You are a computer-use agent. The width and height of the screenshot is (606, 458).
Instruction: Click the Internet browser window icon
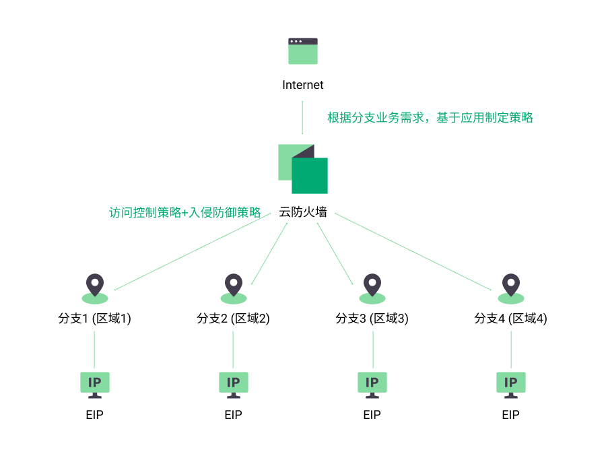(303, 51)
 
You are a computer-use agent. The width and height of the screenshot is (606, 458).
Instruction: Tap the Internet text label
(303, 85)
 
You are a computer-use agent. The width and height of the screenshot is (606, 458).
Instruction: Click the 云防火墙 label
(303, 212)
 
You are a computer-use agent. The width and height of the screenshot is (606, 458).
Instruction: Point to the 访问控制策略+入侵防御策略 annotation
(185, 212)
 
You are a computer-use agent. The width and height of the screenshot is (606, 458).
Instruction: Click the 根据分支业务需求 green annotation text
(430, 117)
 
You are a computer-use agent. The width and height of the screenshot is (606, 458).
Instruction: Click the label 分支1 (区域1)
(95, 319)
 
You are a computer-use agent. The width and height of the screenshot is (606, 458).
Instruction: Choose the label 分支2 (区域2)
(234, 319)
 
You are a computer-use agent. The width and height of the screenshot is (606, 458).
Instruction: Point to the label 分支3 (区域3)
(372, 319)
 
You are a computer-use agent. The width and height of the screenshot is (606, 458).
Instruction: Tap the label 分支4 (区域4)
(511, 319)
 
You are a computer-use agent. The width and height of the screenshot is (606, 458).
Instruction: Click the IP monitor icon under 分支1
(95, 383)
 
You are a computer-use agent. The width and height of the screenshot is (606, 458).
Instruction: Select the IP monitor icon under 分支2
(234, 383)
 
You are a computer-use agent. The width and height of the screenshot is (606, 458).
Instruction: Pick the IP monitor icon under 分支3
(372, 383)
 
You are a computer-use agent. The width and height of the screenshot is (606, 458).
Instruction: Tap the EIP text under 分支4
(511, 415)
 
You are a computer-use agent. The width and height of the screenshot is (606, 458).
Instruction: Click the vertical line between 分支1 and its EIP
(95, 349)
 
